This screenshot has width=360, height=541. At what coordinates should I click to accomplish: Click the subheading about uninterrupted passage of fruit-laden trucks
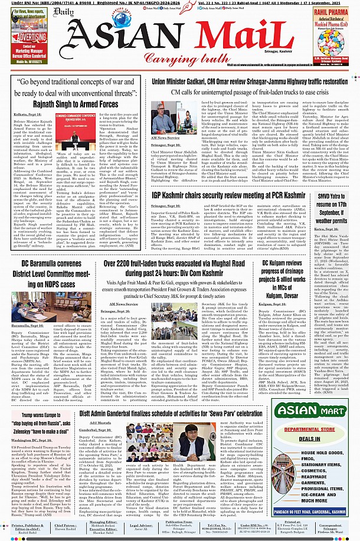coord(248,93)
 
